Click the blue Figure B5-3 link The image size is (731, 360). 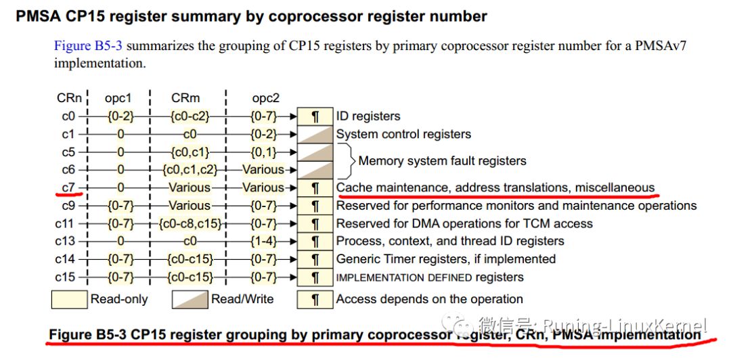tap(89, 46)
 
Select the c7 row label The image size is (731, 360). tap(68, 187)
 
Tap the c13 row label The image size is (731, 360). tap(65, 241)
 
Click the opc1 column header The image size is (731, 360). tap(118, 98)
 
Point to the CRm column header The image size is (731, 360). tap(185, 98)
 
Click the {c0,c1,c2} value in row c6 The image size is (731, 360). tap(190, 170)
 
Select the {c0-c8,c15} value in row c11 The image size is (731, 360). tap(190, 223)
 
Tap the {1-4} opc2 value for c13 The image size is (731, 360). tap(263, 241)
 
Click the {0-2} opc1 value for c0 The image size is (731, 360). tap(120, 116)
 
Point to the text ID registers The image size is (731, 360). tap(368, 116)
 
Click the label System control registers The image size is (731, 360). tap(403, 134)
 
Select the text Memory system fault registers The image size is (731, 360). tap(442, 161)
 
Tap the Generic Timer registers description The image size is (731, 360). tap(446, 258)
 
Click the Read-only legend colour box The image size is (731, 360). tap(69, 299)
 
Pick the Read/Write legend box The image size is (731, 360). tap(190, 299)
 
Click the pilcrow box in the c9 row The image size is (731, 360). tap(315, 206)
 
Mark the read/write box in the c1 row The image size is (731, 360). tap(315, 134)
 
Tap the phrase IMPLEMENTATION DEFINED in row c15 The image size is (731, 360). tap(404, 278)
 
